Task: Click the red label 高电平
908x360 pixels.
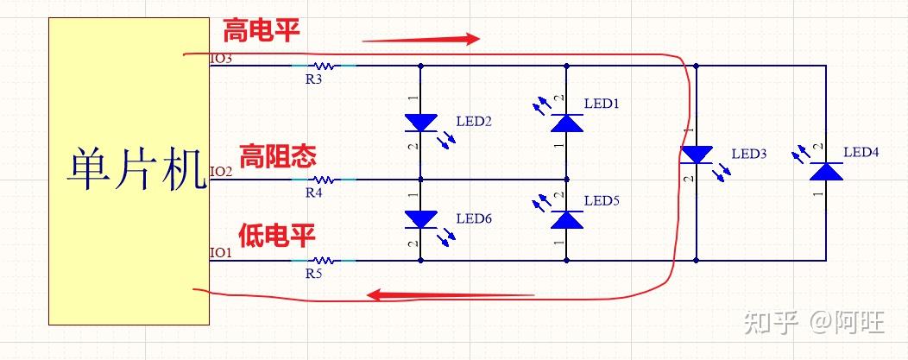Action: (262, 33)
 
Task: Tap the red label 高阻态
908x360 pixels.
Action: (277, 156)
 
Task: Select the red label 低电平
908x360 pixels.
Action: (277, 234)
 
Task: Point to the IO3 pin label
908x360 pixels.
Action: (221, 59)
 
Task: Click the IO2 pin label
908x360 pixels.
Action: (221, 172)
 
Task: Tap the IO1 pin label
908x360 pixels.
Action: (221, 252)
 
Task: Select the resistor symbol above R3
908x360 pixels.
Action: (324, 65)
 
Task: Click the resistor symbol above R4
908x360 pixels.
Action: (324, 180)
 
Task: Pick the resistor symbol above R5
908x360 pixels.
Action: (324, 259)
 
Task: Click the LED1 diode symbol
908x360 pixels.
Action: (566, 122)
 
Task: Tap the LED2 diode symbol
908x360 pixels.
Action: (420, 123)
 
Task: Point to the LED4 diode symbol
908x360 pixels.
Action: (828, 171)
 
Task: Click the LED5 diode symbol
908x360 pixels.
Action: (566, 219)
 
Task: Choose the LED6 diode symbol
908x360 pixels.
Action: (420, 219)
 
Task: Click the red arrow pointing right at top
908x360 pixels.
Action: (420, 39)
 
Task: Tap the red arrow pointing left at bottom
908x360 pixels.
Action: (449, 295)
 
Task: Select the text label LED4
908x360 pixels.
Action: (861, 152)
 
